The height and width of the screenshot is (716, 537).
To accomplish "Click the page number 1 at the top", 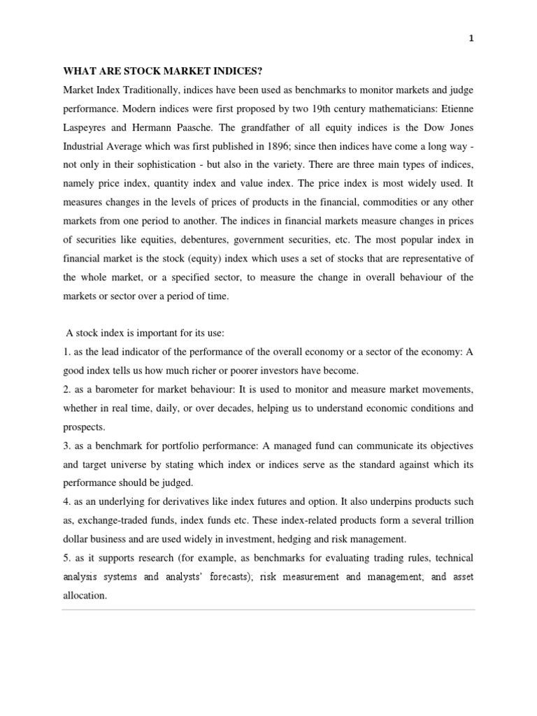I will [471, 39].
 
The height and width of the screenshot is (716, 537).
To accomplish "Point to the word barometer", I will [117, 389].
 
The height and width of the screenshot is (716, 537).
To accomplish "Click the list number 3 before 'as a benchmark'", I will [66, 446].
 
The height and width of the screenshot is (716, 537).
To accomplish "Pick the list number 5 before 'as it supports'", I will [66, 558].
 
